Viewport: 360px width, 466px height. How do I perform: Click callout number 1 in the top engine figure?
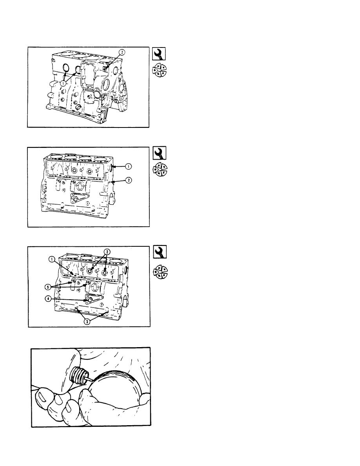pos(63,84)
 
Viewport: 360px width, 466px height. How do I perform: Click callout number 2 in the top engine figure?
pos(122,52)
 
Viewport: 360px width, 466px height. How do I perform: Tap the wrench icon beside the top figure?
pos(159,54)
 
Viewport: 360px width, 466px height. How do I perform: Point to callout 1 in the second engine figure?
pos(128,167)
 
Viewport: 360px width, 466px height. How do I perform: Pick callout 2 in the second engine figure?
pos(128,180)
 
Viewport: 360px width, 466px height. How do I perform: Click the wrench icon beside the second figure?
pos(160,153)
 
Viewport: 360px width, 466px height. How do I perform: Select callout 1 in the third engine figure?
pos(52,260)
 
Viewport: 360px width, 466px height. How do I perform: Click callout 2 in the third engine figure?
pos(107,252)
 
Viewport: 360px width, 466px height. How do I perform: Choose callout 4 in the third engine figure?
pos(48,299)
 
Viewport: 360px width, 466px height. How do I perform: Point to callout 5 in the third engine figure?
pos(48,287)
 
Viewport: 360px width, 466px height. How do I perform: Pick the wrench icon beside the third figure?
pos(160,252)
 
